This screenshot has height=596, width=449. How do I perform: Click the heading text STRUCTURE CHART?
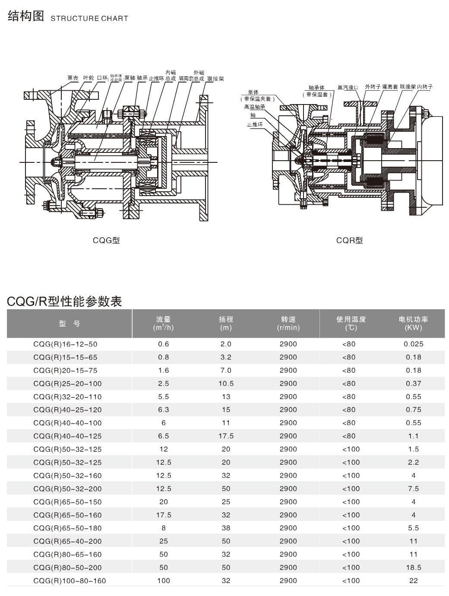tap(89, 19)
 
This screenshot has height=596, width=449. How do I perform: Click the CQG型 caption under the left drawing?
tap(106, 240)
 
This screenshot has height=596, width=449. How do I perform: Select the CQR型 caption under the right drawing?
tap(349, 240)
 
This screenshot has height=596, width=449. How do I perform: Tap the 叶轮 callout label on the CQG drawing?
tap(88, 78)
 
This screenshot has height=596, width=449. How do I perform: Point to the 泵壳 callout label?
tap(73, 78)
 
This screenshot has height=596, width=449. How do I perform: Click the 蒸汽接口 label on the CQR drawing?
tap(348, 88)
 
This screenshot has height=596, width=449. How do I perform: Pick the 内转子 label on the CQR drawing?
tap(425, 87)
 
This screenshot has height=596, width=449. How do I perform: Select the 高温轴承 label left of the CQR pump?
tap(254, 107)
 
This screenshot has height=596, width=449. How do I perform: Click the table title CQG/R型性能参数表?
tap(64, 301)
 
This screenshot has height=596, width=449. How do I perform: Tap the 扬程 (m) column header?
tap(226, 323)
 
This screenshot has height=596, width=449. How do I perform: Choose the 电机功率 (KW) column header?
tap(413, 323)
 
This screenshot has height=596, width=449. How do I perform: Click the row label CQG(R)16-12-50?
tap(65, 344)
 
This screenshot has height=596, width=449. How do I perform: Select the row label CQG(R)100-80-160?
tap(69, 580)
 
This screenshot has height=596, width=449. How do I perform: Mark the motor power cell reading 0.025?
tap(414, 344)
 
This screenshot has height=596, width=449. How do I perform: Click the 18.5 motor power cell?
tap(414, 567)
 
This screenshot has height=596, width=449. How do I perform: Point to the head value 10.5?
tap(226, 384)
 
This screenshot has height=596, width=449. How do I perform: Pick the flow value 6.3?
tap(164, 410)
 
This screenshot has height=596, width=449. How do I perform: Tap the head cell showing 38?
tap(226, 528)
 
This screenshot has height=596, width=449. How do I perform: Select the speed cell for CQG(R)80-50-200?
tap(288, 567)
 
